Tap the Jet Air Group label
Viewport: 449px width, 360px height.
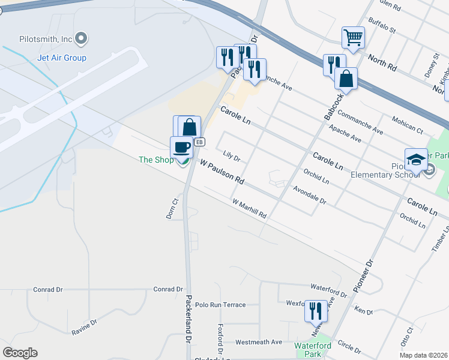[62, 58]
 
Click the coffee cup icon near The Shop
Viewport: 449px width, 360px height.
[181, 146]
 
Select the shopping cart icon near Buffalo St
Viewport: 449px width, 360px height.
[353, 38]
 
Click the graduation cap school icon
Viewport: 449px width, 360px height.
[415, 160]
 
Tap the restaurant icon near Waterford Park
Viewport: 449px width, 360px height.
[316, 310]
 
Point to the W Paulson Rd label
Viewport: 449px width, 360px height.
[222, 172]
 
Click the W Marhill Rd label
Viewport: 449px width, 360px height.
[249, 209]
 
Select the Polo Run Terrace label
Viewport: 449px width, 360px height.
[220, 305]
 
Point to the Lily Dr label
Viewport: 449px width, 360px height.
[231, 157]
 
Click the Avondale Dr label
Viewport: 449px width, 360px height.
[309, 195]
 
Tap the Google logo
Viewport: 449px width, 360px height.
[20, 353]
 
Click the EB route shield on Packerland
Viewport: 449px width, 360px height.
[200, 142]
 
